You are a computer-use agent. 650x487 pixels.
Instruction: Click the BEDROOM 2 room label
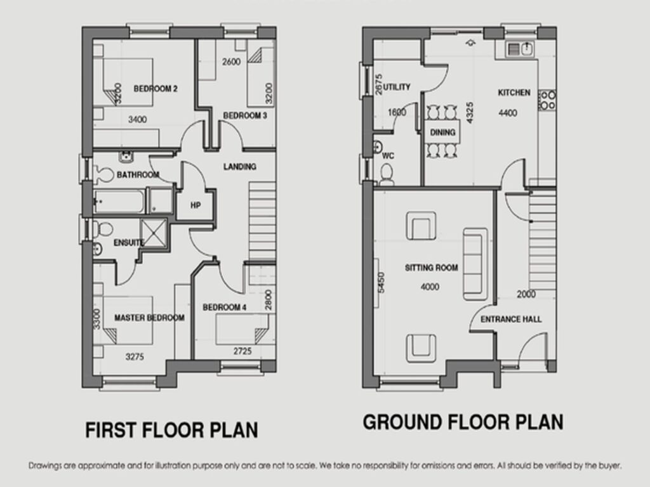point(156,89)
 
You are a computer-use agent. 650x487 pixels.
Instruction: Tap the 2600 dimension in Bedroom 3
point(231,62)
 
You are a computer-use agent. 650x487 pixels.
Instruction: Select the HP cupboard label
point(196,205)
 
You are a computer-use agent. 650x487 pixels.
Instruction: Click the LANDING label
point(239,167)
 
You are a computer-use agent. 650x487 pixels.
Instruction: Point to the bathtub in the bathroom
point(119,201)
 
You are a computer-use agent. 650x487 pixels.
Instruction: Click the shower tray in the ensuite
point(154,233)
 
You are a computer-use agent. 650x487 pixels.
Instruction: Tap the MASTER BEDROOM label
point(149,318)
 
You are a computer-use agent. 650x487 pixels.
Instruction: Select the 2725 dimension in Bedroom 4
point(242,351)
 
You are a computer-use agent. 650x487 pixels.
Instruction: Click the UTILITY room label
point(397,87)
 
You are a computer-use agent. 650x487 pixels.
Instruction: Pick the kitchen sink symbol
point(520,49)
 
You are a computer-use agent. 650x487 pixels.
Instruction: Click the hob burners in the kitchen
point(547,100)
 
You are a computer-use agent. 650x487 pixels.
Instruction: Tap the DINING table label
point(442,132)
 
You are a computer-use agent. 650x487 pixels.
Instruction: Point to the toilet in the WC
point(387,174)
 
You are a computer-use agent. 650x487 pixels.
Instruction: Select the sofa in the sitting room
point(475,264)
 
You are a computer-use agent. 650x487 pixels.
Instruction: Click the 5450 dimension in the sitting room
point(381,282)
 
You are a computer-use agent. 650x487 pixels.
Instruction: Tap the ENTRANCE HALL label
point(511,320)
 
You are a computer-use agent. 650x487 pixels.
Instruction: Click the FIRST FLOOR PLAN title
point(171,430)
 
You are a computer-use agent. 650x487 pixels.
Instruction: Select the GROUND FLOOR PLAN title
point(463,422)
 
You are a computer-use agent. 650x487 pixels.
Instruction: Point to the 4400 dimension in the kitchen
point(508,113)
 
